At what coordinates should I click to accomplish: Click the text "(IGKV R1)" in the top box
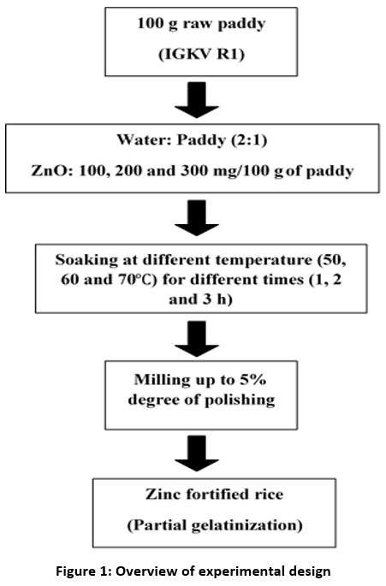[x=201, y=55]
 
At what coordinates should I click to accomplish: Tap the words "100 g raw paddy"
[x=201, y=24]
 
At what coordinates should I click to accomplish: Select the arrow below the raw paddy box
[x=197, y=100]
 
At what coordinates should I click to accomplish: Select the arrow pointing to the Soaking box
[x=197, y=218]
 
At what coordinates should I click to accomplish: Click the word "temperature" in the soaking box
[x=264, y=260]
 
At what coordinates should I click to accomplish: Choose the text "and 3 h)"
[x=200, y=299]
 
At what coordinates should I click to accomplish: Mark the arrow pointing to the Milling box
[x=197, y=339]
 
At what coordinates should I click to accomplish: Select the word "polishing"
[x=241, y=400]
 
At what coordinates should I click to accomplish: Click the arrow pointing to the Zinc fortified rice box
[x=197, y=453]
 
